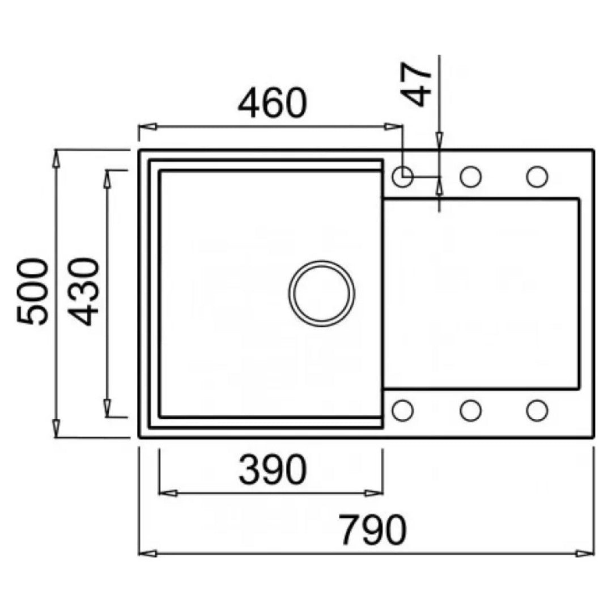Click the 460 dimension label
point(273,103)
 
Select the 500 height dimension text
point(33,291)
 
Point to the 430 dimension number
point(83,292)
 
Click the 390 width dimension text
point(273,470)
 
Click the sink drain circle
point(322,293)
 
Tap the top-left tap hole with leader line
point(402,176)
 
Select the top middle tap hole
point(470,176)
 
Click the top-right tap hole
point(537,176)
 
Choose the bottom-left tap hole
point(402,410)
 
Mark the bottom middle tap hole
point(470,410)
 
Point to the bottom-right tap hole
point(537,410)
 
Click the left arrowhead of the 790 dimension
point(148,554)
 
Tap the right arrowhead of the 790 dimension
point(585,554)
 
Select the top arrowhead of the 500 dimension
point(56,159)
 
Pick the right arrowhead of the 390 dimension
point(373,494)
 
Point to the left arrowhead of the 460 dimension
point(148,126)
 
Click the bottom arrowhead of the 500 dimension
point(56,428)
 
